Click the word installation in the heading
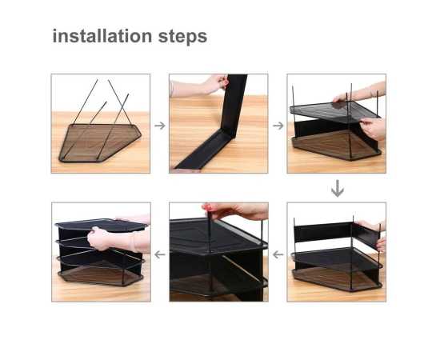coord(102,36)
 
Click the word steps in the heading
coord(182,38)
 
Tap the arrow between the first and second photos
coord(160,126)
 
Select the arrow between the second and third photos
coord(278,126)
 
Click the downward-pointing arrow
coord(338,188)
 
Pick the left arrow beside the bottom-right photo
coord(278,254)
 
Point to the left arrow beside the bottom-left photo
coord(160,254)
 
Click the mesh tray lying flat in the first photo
coord(100,142)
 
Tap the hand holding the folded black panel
coord(215,84)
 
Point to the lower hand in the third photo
coord(374,129)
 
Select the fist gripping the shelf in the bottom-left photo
coord(98,238)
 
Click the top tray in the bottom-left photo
coord(101,225)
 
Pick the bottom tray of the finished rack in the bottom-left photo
coord(101,276)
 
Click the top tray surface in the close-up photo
coord(216,236)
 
